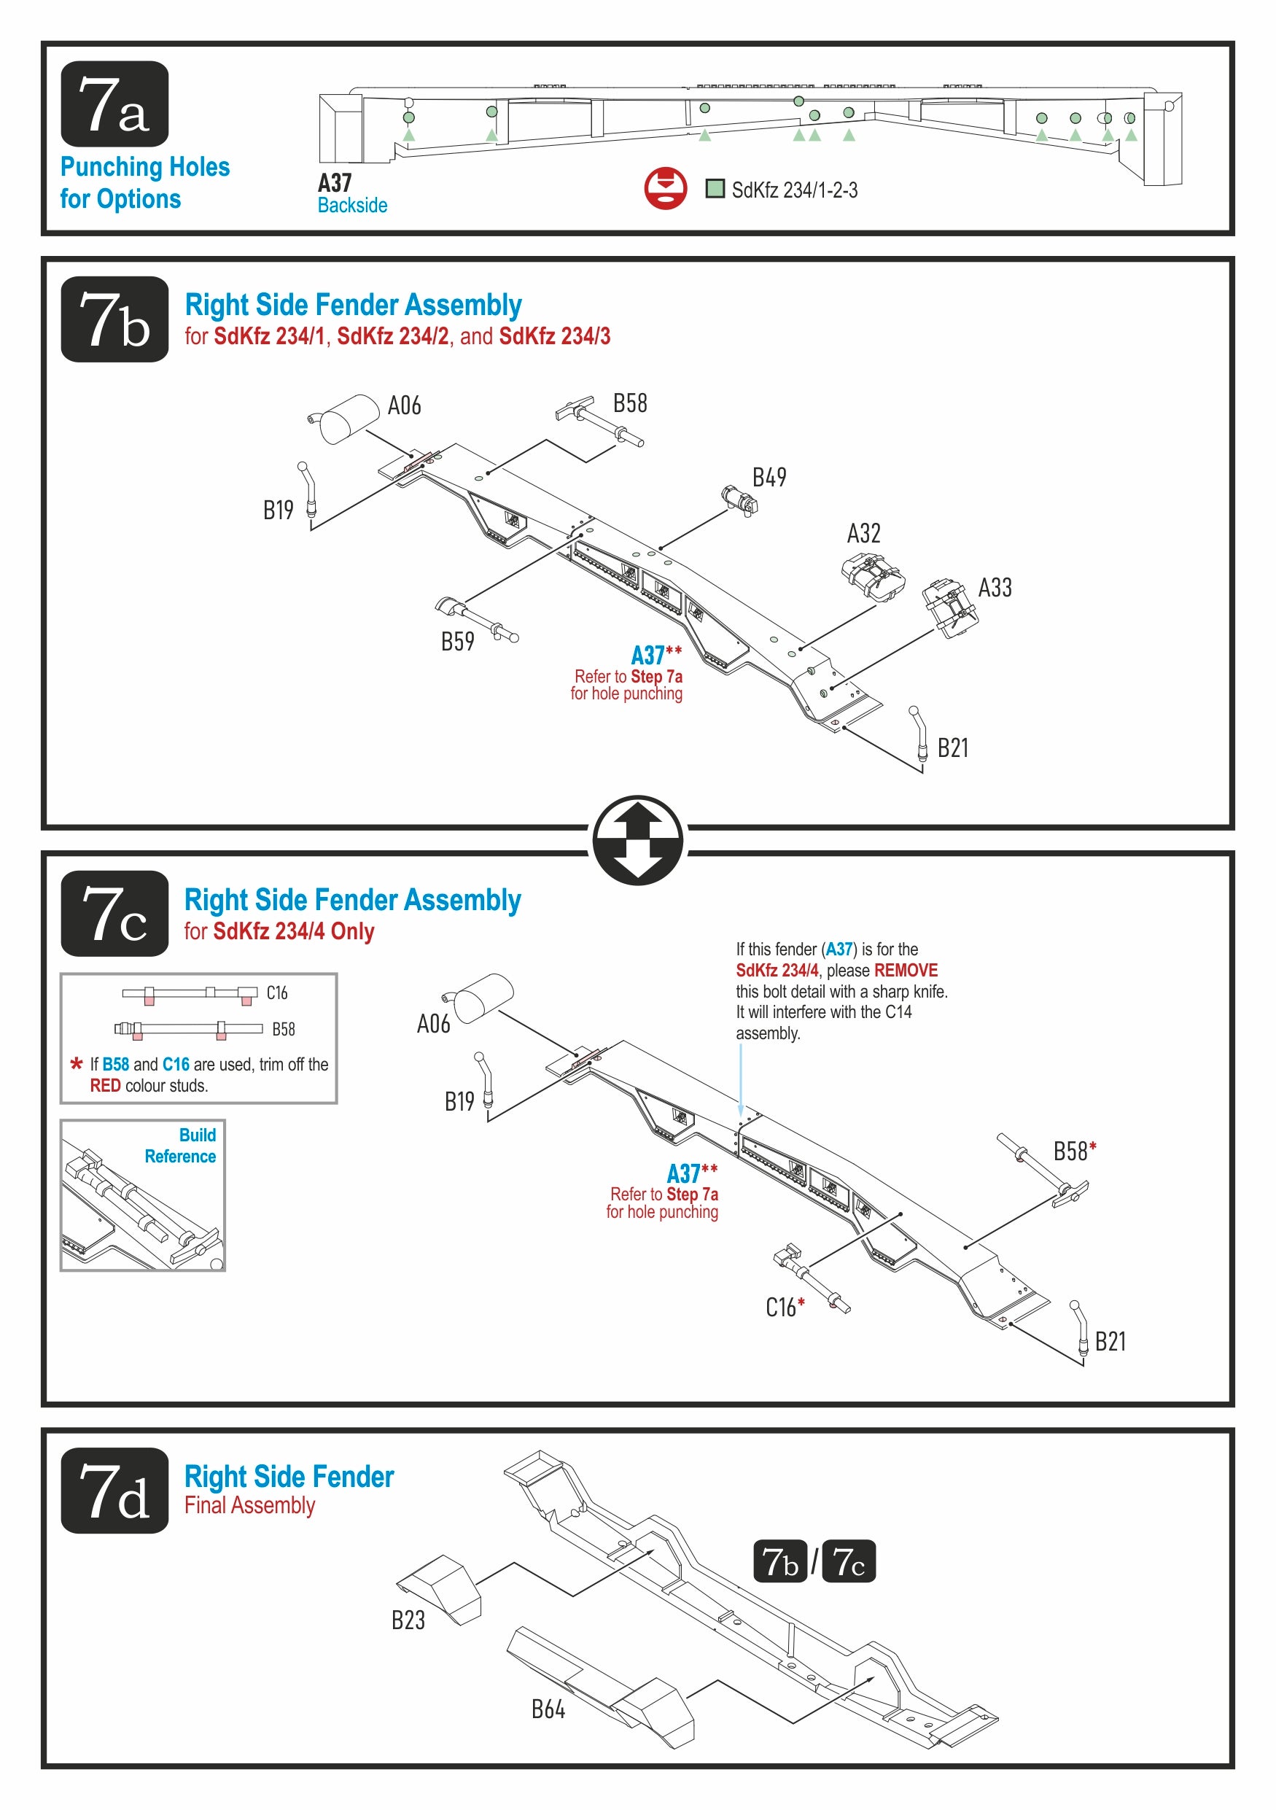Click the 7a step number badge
point(114,104)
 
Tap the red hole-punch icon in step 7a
point(665,187)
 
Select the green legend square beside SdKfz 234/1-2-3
point(714,188)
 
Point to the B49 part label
point(769,478)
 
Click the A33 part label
point(995,588)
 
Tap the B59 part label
point(457,642)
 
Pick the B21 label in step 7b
point(952,748)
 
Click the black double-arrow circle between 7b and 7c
point(637,839)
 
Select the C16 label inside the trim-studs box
point(276,993)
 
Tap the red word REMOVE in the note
point(906,971)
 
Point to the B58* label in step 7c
point(1074,1151)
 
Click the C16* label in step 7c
point(785,1308)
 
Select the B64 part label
point(548,1709)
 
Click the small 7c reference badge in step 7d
point(848,1561)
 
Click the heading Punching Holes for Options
point(145,183)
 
